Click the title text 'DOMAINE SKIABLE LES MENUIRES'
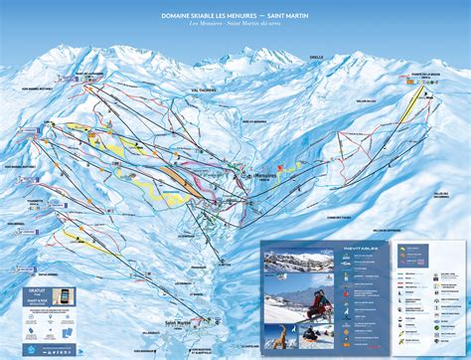point(212,16)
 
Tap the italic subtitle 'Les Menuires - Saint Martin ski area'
point(235,24)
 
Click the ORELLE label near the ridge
point(317,58)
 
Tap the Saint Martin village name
point(178,321)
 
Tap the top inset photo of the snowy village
point(297,263)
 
